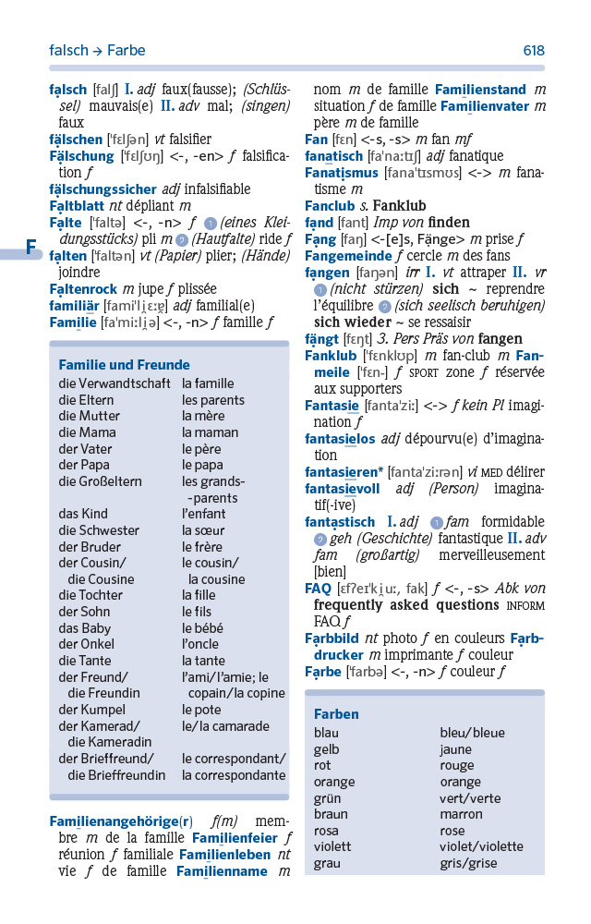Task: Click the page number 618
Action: point(533,51)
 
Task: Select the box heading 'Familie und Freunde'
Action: point(124,365)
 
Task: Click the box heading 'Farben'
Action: point(336,714)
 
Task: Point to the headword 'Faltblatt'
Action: point(78,205)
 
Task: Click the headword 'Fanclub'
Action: point(331,205)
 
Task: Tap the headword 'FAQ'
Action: point(318,588)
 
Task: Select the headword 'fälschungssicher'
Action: point(103,188)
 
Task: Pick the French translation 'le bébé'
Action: point(202,628)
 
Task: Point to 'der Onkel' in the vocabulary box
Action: point(86,644)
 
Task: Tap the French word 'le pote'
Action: point(201,710)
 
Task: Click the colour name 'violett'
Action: point(332,846)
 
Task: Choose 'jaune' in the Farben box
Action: point(455,749)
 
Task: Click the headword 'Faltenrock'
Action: point(84,289)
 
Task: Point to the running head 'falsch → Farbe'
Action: point(97,51)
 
